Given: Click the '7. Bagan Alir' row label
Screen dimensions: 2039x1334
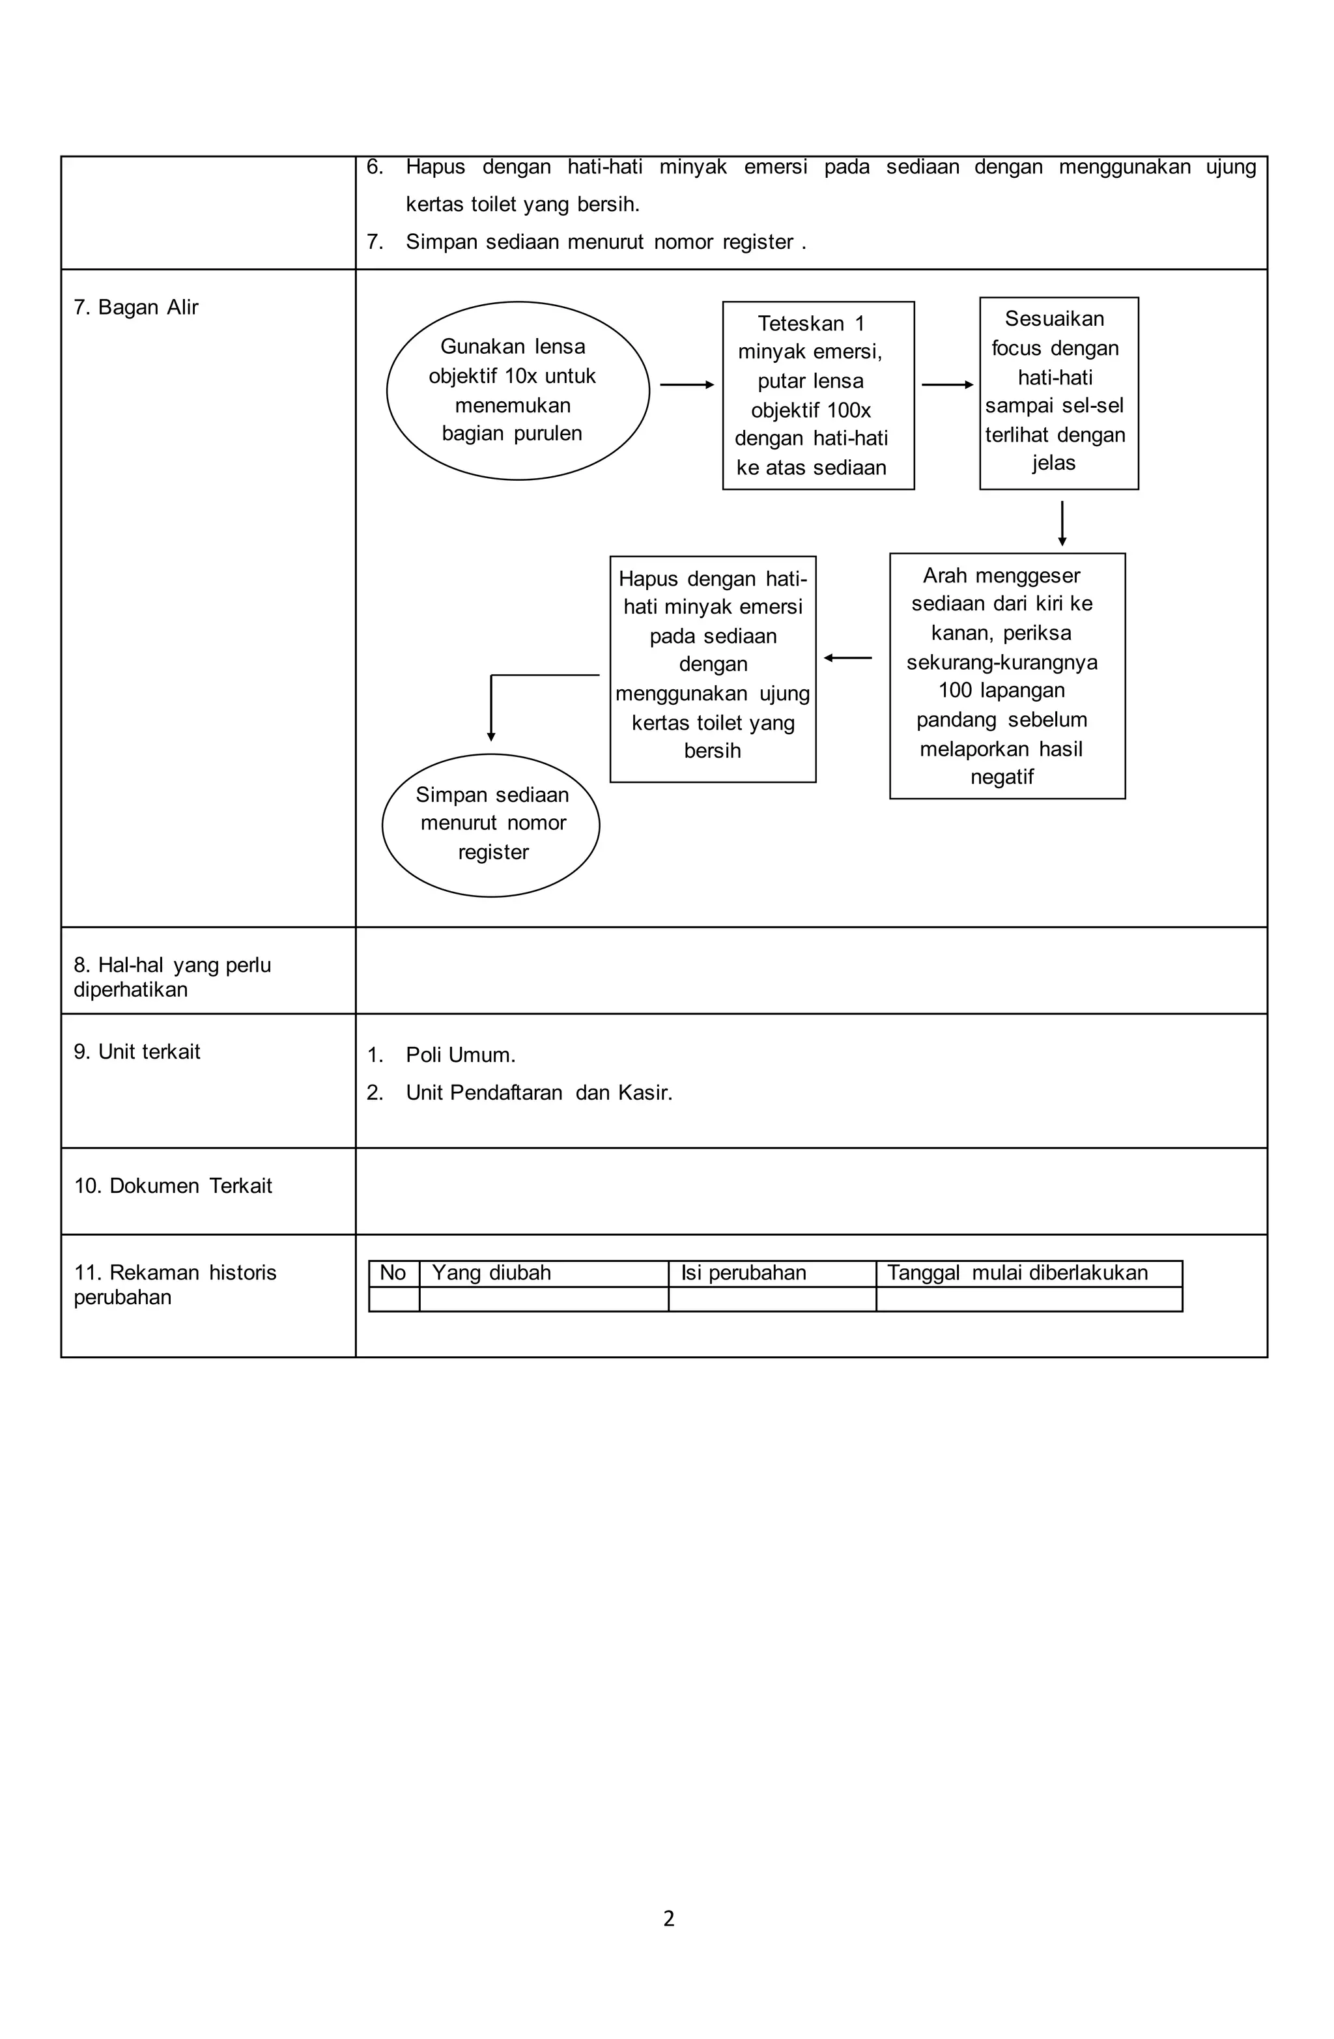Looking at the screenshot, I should (x=135, y=307).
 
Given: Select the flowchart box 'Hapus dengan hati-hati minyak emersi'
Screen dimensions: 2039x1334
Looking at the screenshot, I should (x=712, y=668).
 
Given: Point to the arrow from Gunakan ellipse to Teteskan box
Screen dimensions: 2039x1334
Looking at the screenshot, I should (x=687, y=384).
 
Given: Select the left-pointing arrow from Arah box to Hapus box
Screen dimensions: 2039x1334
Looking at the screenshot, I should (x=847, y=657).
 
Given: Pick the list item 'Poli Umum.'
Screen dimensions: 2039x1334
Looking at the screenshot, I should (x=460, y=1055).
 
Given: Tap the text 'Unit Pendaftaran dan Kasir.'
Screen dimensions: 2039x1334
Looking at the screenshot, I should (x=538, y=1092).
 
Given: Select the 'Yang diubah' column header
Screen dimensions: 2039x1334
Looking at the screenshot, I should (x=491, y=1273).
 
